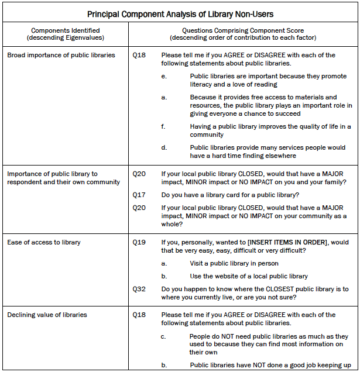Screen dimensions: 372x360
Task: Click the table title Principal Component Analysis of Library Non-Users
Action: click(x=180, y=13)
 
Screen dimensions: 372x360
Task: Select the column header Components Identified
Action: click(x=65, y=30)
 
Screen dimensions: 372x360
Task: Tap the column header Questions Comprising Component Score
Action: click(x=244, y=30)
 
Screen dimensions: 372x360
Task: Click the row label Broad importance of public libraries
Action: click(x=61, y=55)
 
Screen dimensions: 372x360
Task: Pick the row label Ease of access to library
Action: click(x=44, y=242)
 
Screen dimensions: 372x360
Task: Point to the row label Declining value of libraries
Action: click(x=47, y=315)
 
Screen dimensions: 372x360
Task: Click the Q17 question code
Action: click(x=139, y=195)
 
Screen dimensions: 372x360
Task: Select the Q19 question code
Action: click(x=139, y=242)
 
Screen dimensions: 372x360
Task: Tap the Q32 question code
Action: click(x=139, y=289)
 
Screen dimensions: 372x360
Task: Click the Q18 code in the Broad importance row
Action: click(x=139, y=55)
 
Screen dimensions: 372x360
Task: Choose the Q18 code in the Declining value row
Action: click(x=139, y=315)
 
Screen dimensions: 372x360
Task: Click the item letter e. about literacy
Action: click(x=164, y=76)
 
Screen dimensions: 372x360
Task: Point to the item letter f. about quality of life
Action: click(x=164, y=126)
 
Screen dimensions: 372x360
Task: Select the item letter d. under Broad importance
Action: click(x=164, y=147)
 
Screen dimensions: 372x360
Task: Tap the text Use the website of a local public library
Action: click(x=249, y=276)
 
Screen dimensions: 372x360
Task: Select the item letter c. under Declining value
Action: click(x=164, y=336)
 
